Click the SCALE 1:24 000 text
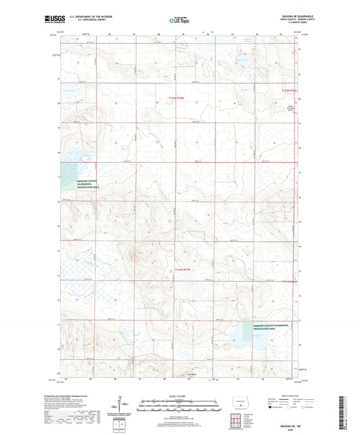pos(180,395)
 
